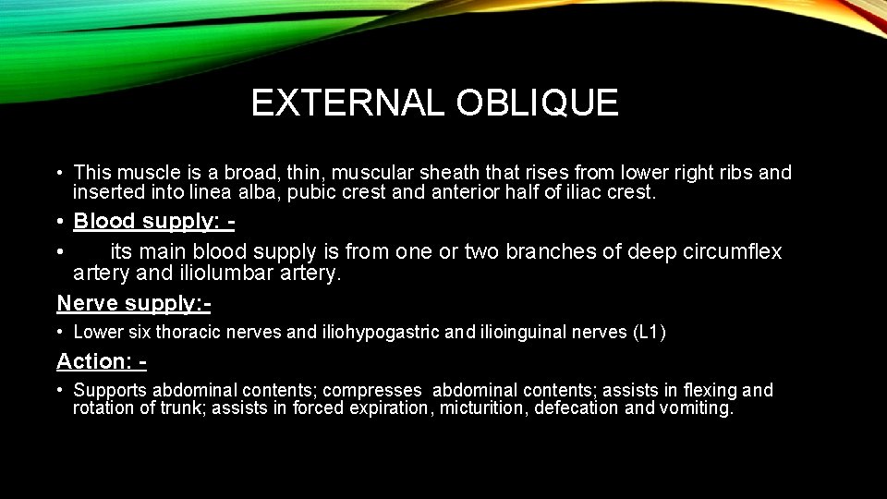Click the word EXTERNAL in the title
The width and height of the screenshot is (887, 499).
(x=347, y=103)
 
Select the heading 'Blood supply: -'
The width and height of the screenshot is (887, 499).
(x=153, y=222)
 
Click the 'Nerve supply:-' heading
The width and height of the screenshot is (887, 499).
(x=140, y=303)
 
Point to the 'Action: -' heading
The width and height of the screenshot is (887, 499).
(x=102, y=361)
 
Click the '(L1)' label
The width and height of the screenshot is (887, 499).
(x=649, y=333)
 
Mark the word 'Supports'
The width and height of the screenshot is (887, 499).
(x=110, y=391)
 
